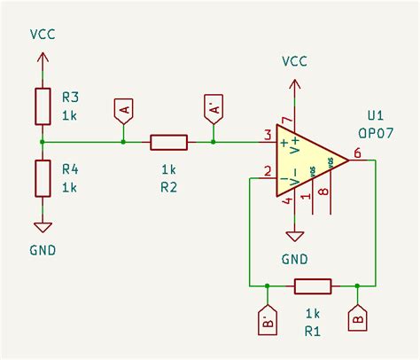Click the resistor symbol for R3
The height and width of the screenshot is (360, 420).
pos(43,106)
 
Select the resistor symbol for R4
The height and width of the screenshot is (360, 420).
pos(43,177)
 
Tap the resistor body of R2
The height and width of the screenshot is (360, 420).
pos(168,142)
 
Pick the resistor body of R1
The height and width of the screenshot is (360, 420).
pos(313,286)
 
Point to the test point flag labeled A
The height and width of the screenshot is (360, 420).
pos(123,111)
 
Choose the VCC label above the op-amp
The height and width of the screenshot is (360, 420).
pos(295,61)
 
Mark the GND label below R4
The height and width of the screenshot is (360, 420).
pos(41,250)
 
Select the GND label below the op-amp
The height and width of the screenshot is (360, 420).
pos(294,259)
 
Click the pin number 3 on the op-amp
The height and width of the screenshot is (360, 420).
pos(267,135)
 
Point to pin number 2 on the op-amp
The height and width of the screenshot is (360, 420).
pos(267,171)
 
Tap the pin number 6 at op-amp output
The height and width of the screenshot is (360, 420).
pos(356,153)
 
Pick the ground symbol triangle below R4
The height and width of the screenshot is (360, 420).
pos(43,226)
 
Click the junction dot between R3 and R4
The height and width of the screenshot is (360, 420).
pos(43,142)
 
